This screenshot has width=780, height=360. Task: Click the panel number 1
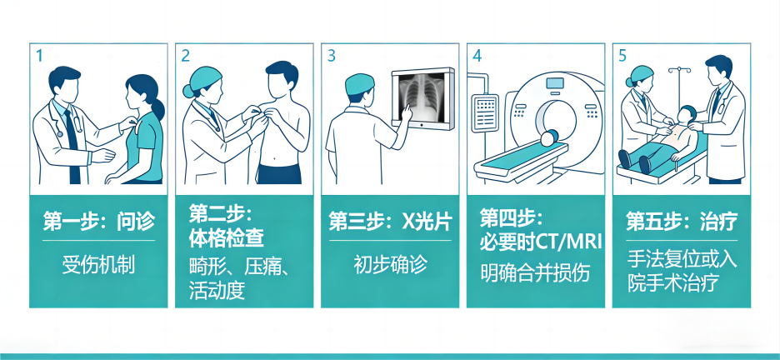(x=39, y=56)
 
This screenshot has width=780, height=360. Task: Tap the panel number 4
(x=477, y=56)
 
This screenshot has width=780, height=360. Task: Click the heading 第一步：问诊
(x=98, y=222)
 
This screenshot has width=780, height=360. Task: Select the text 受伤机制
(x=98, y=265)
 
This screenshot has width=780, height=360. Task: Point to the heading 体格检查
(x=227, y=238)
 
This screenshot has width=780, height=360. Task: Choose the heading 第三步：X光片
(x=390, y=222)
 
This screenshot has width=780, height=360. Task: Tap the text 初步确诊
(x=390, y=264)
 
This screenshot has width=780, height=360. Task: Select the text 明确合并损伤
(x=535, y=272)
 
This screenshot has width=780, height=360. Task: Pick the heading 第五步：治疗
(x=681, y=222)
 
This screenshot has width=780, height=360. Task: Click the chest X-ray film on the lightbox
(x=422, y=97)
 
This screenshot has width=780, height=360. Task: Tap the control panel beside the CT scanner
(x=484, y=113)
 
